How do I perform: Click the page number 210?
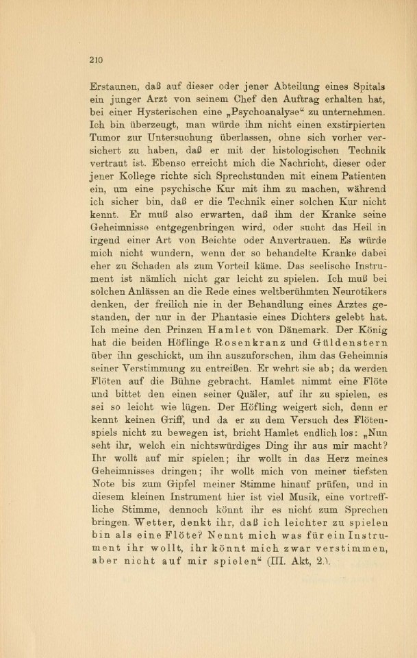coord(95,60)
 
